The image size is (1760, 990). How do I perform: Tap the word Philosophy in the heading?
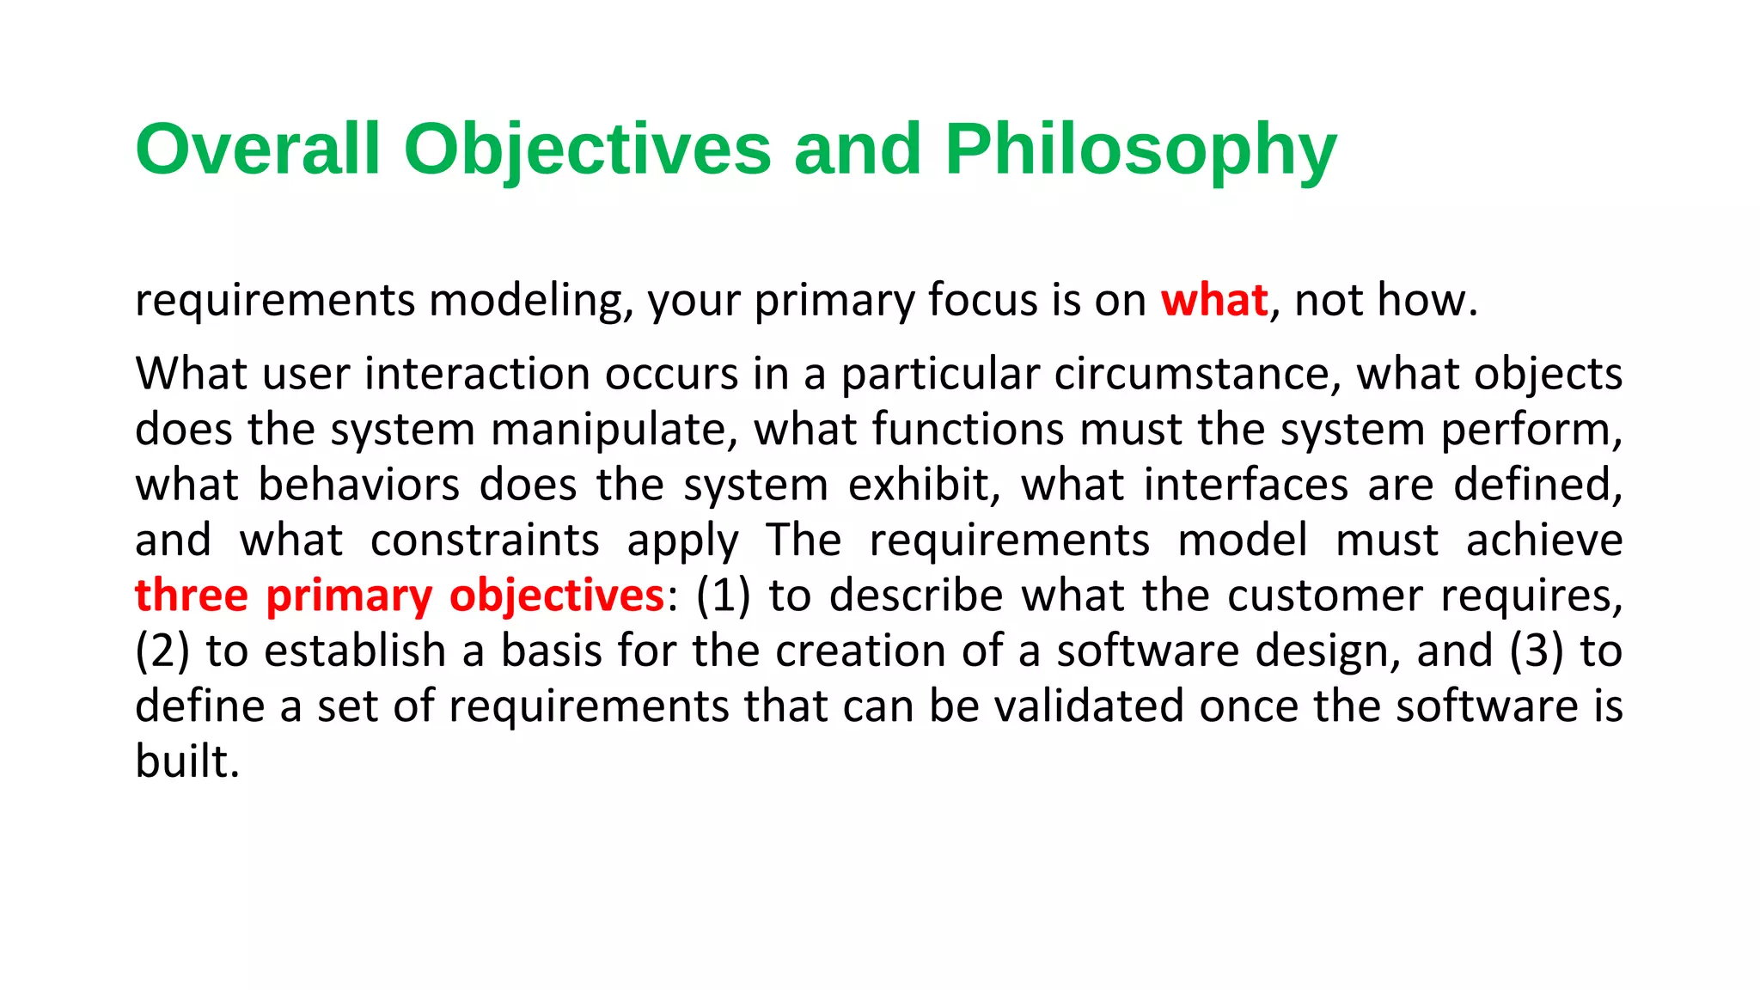click(x=1140, y=150)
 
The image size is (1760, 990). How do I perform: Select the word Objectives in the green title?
click(x=587, y=150)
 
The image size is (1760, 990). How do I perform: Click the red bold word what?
click(x=1213, y=301)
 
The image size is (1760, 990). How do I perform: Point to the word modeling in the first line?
click(x=531, y=301)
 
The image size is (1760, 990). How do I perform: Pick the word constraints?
click(x=485, y=541)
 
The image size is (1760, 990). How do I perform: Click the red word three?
click(x=192, y=596)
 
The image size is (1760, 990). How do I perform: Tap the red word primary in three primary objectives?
click(x=349, y=596)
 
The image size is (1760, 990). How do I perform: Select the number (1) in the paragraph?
click(x=723, y=596)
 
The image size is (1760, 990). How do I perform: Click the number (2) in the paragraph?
click(x=162, y=651)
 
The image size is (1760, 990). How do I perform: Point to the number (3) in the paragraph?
click(x=1536, y=651)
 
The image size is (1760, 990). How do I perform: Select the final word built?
click(x=186, y=761)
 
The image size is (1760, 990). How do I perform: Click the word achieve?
click(x=1544, y=541)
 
